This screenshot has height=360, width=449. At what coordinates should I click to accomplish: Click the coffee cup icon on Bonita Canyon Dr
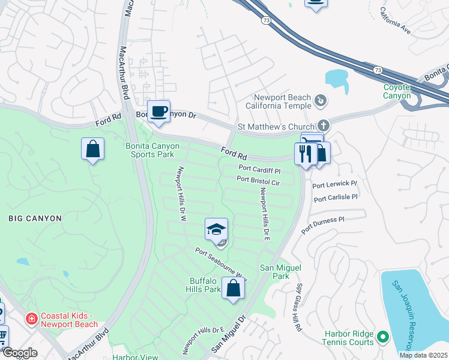pos(158,112)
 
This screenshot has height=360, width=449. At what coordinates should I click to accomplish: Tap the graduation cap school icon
pos(216,229)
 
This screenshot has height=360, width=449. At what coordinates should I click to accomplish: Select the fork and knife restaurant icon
pos(306,154)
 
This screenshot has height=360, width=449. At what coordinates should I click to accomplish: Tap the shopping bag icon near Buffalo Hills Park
pos(233,289)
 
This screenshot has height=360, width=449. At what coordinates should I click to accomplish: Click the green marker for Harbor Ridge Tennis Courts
pos(382,337)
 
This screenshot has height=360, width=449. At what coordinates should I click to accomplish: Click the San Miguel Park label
pos(277,272)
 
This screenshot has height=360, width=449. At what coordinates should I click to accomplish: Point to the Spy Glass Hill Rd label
pos(298,300)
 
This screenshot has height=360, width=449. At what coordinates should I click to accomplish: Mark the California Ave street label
pos(396,20)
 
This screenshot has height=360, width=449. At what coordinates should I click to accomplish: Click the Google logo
pos(20,353)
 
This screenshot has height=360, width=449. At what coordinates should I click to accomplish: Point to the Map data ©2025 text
pos(423,355)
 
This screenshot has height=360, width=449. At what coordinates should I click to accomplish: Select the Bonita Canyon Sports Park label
pos(152,150)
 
